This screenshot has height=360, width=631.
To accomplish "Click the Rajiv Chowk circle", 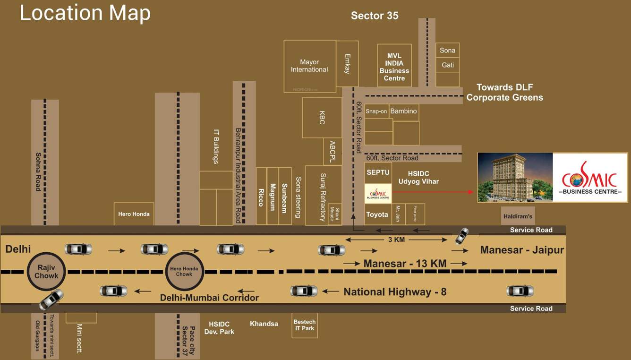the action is click(46, 272).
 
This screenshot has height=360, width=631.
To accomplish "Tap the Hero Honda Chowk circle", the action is click(184, 272).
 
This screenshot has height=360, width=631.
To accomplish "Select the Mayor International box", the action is click(309, 66).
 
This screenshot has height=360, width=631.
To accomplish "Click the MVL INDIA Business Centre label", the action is click(394, 67).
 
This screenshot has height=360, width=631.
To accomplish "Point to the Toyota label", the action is click(377, 214).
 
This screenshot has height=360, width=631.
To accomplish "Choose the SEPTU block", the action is click(378, 173).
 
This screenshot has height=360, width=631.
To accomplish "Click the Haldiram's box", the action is click(518, 216).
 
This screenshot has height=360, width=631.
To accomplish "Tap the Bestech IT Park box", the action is click(305, 325).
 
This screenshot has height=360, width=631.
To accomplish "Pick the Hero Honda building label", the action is click(134, 214).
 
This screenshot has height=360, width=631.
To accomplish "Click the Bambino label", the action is click(404, 111).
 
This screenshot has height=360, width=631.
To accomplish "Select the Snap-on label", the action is click(376, 111).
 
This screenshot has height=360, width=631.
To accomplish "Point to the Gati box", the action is click(448, 65).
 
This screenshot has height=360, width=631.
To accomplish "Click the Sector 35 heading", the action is click(375, 16).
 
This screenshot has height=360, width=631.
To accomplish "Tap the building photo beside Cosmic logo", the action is click(515, 177).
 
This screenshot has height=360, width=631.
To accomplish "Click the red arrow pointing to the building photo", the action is click(433, 192).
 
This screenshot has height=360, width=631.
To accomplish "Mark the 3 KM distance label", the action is click(396, 240).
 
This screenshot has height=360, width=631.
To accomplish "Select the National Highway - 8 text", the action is click(395, 292).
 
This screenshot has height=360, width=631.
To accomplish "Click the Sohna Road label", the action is click(38, 171).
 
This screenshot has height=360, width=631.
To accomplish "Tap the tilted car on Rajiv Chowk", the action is click(51, 300).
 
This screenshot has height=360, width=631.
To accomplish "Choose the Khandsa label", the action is click(264, 324).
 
